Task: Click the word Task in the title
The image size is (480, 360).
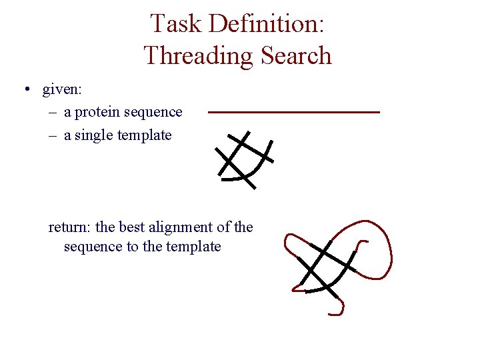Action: pyautogui.click(x=175, y=24)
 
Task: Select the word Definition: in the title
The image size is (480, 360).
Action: pyautogui.click(x=266, y=24)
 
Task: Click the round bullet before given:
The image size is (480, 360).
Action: pyautogui.click(x=25, y=89)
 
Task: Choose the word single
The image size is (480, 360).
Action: pyautogui.click(x=94, y=135)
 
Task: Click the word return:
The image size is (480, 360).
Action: pyautogui.click(x=71, y=227)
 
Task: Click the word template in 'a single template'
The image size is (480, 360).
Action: pyautogui.click(x=144, y=135)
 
